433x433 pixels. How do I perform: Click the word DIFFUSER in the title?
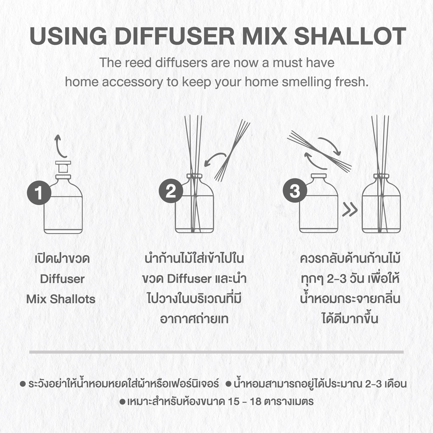point(175,36)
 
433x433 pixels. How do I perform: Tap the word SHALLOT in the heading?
point(350,36)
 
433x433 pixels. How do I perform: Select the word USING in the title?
point(68,36)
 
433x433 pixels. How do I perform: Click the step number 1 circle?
point(39,192)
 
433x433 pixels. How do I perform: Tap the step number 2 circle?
point(171,191)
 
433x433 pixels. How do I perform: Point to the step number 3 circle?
point(295,190)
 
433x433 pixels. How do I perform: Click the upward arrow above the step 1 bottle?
point(59,146)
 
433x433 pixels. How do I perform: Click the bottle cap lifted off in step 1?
point(63,167)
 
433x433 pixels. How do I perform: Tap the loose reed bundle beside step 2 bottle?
point(232,151)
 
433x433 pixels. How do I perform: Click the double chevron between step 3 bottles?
point(350,210)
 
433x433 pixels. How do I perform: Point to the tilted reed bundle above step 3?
point(319,151)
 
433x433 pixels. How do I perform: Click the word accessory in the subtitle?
point(132,82)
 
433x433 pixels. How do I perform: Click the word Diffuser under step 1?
point(63,279)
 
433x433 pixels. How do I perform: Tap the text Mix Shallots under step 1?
point(61,299)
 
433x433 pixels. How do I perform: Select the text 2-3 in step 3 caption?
point(337,279)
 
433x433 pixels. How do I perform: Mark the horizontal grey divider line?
point(216,352)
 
